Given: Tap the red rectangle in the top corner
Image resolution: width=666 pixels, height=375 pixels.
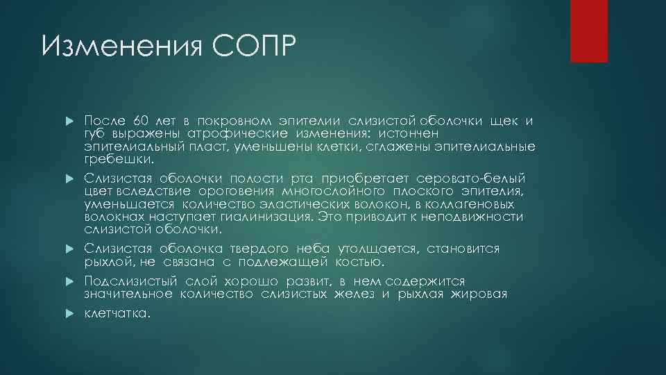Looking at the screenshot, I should pos(588,31).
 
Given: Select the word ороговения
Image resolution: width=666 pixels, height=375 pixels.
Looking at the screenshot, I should pos(245,192).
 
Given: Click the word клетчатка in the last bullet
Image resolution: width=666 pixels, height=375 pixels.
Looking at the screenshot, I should pos(116,313).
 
